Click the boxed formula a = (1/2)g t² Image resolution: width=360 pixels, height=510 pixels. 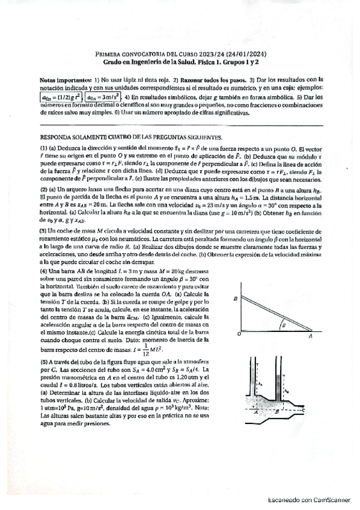60,96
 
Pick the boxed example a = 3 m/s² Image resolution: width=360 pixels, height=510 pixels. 103,96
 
